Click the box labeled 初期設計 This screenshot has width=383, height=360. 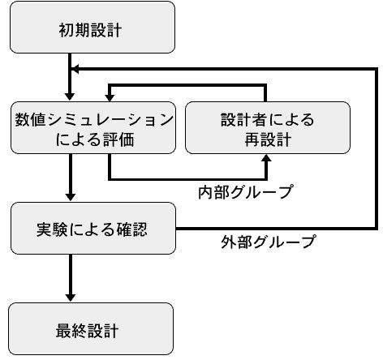point(93,28)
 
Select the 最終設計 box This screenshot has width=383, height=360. point(91,328)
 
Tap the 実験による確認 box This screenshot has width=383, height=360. point(93,228)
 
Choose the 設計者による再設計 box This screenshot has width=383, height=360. point(268,128)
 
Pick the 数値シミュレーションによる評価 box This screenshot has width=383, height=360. point(93,128)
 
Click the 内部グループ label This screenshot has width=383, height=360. point(246,192)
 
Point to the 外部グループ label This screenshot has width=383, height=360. point(269,242)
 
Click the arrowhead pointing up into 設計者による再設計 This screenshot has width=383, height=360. point(267,158)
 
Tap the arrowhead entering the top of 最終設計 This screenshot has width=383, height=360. point(71,298)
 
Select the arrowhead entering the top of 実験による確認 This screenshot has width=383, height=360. point(71,197)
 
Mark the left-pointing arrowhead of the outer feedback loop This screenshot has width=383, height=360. point(75,69)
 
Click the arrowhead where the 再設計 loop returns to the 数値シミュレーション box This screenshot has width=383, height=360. point(110,97)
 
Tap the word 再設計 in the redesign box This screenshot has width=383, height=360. point(268,140)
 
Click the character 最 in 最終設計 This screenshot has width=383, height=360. point(63,331)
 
